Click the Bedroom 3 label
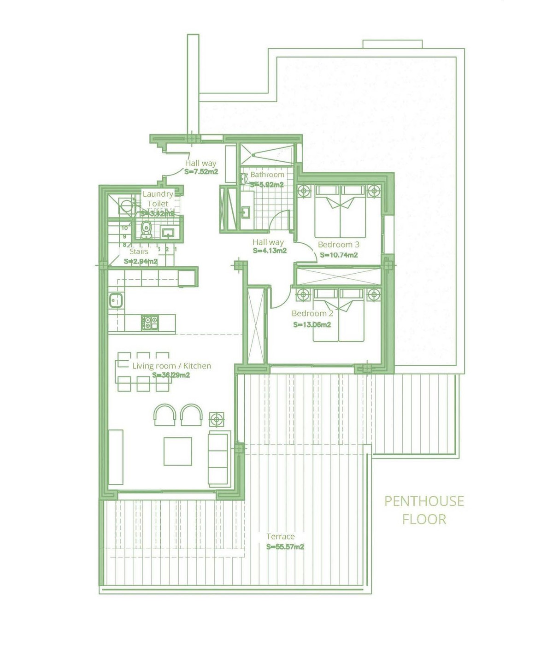pyautogui.click(x=338, y=245)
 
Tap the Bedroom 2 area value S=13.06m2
pyautogui.click(x=312, y=324)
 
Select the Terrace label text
pyautogui.click(x=280, y=536)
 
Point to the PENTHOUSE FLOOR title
pyautogui.click(x=424, y=510)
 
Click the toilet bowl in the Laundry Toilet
pyautogui.click(x=146, y=228)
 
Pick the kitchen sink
pyautogui.click(x=115, y=300)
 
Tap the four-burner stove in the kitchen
pyautogui.click(x=149, y=322)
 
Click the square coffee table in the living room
pyautogui.click(x=178, y=451)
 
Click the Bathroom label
pyautogui.click(x=267, y=175)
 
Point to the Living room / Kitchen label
pyautogui.click(x=171, y=366)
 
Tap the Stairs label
pyautogui.click(x=139, y=252)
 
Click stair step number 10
pyautogui.click(x=124, y=228)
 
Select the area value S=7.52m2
pyautogui.click(x=201, y=172)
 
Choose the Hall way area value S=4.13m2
pyautogui.click(x=270, y=251)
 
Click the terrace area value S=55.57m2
pyautogui.click(x=285, y=547)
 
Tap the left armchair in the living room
pyautogui.click(x=165, y=415)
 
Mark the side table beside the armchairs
pyautogui.click(x=217, y=419)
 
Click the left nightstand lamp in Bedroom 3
pyautogui.click(x=304, y=191)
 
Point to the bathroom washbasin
pyautogui.click(x=245, y=213)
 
